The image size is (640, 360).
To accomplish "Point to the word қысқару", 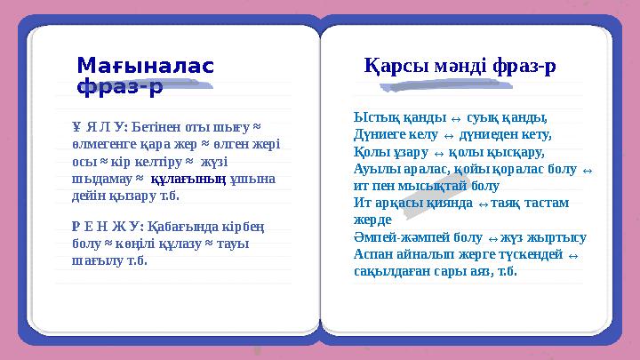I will (522, 151).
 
